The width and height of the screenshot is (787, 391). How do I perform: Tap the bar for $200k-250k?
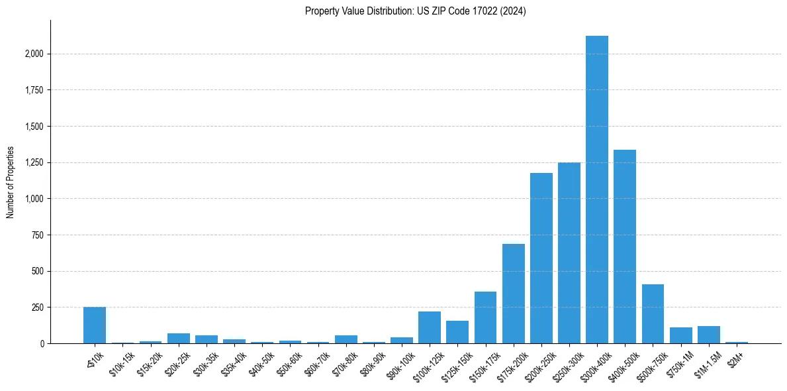tap(541, 258)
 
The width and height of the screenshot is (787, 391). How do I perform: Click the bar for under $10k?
tap(95, 325)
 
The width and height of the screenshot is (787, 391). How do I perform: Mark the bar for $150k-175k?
tap(485, 317)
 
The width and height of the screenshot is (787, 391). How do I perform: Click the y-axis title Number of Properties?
tap(10, 182)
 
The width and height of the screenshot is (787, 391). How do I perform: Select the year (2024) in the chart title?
tap(513, 11)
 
